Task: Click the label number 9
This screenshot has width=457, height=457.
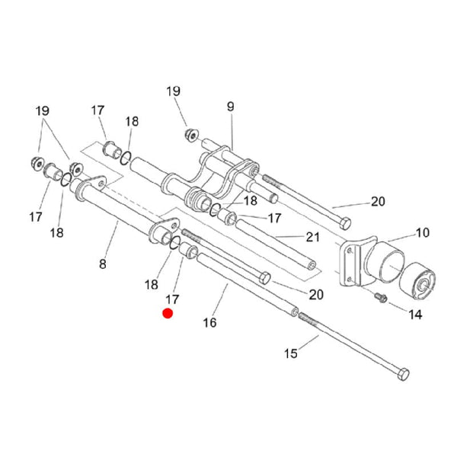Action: tap(230, 107)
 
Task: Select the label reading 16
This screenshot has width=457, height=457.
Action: tap(209, 322)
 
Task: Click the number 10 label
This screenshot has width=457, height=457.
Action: tap(422, 233)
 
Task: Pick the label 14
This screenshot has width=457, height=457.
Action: tap(415, 314)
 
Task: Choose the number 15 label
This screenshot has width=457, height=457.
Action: tap(291, 353)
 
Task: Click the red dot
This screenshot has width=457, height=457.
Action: tap(168, 312)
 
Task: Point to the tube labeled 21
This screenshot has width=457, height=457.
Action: tap(274, 244)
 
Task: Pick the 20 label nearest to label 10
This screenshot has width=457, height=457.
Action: tap(379, 202)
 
